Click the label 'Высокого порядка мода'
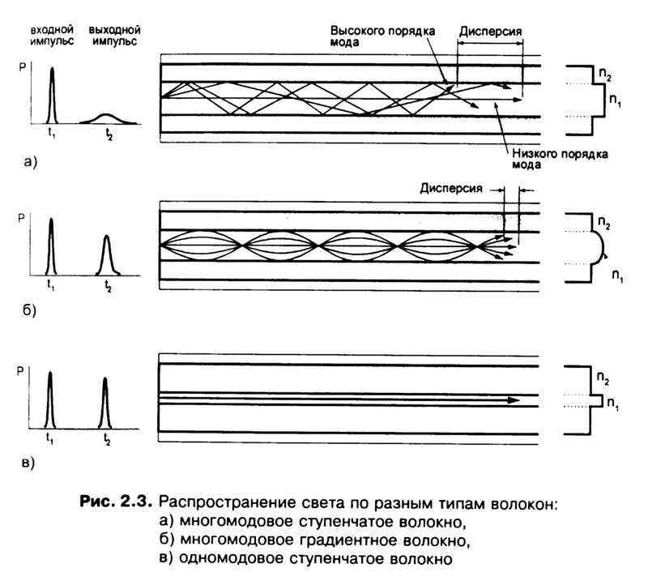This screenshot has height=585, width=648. click(382, 36)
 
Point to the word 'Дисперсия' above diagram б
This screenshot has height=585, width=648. click(450, 188)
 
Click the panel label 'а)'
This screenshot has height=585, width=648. click(30, 163)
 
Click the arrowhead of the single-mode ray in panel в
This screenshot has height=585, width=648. click(513, 399)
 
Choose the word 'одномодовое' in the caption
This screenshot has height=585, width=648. click(229, 558)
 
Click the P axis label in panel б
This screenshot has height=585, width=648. click(21, 220)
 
